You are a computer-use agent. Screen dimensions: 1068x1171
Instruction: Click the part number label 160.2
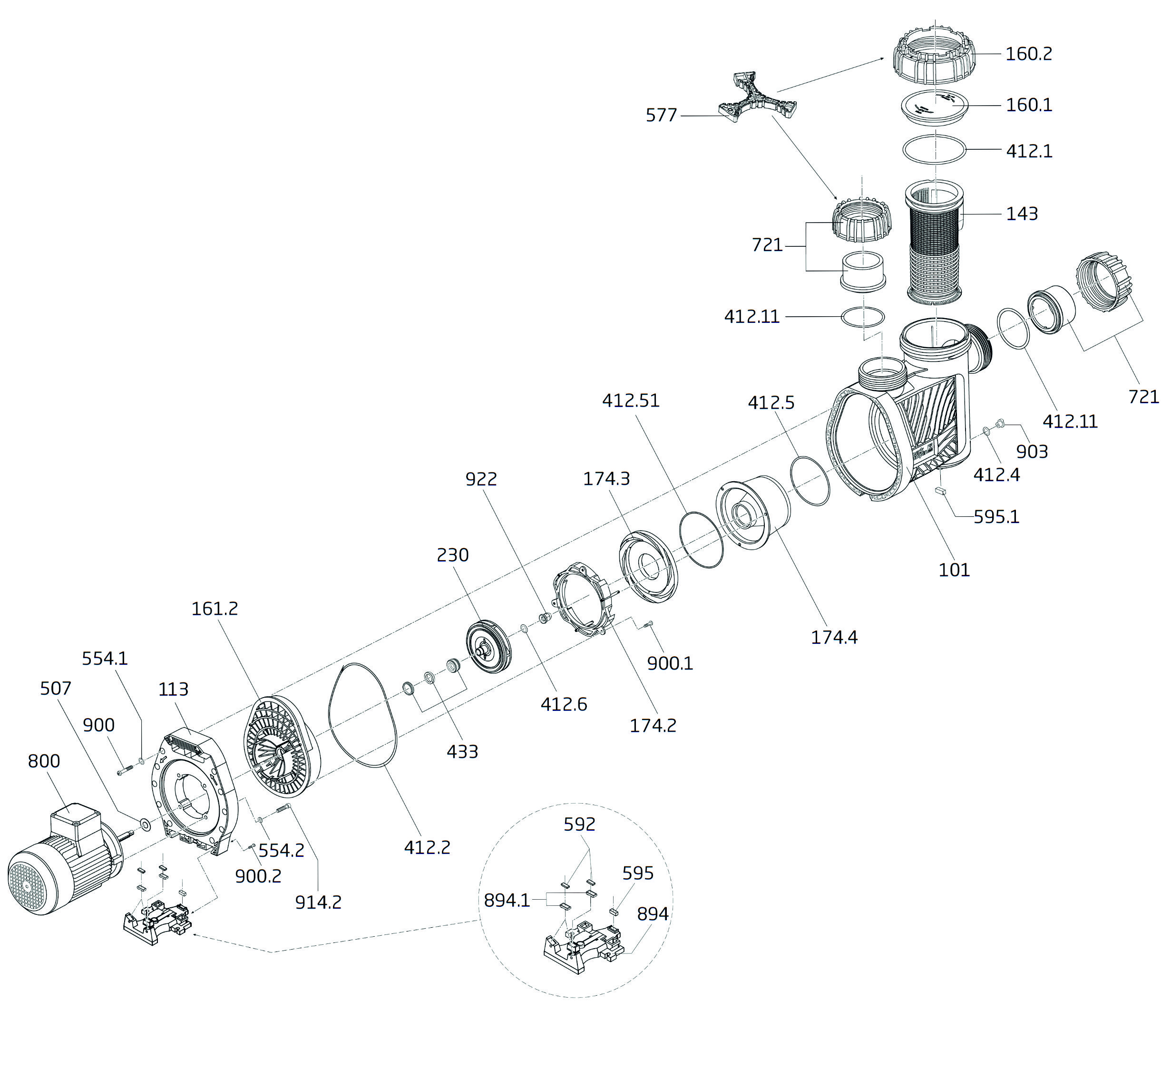pyautogui.click(x=1028, y=54)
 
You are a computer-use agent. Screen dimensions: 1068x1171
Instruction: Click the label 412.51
pyautogui.click(x=630, y=401)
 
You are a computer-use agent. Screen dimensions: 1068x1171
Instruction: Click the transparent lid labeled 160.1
pyautogui.click(x=935, y=107)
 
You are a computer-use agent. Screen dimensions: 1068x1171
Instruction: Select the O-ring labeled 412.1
pyautogui.click(x=934, y=150)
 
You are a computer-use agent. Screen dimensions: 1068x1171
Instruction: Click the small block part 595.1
pyautogui.click(x=941, y=491)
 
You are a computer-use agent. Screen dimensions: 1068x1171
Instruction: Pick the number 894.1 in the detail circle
pyautogui.click(x=507, y=900)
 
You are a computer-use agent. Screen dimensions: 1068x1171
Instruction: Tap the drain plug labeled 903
pyautogui.click(x=999, y=425)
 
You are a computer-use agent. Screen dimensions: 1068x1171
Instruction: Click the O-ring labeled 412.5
pyautogui.click(x=810, y=481)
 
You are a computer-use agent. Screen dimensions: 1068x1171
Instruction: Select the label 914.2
pyautogui.click(x=318, y=902)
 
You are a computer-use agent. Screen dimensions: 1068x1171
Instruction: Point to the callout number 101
pyautogui.click(x=954, y=570)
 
